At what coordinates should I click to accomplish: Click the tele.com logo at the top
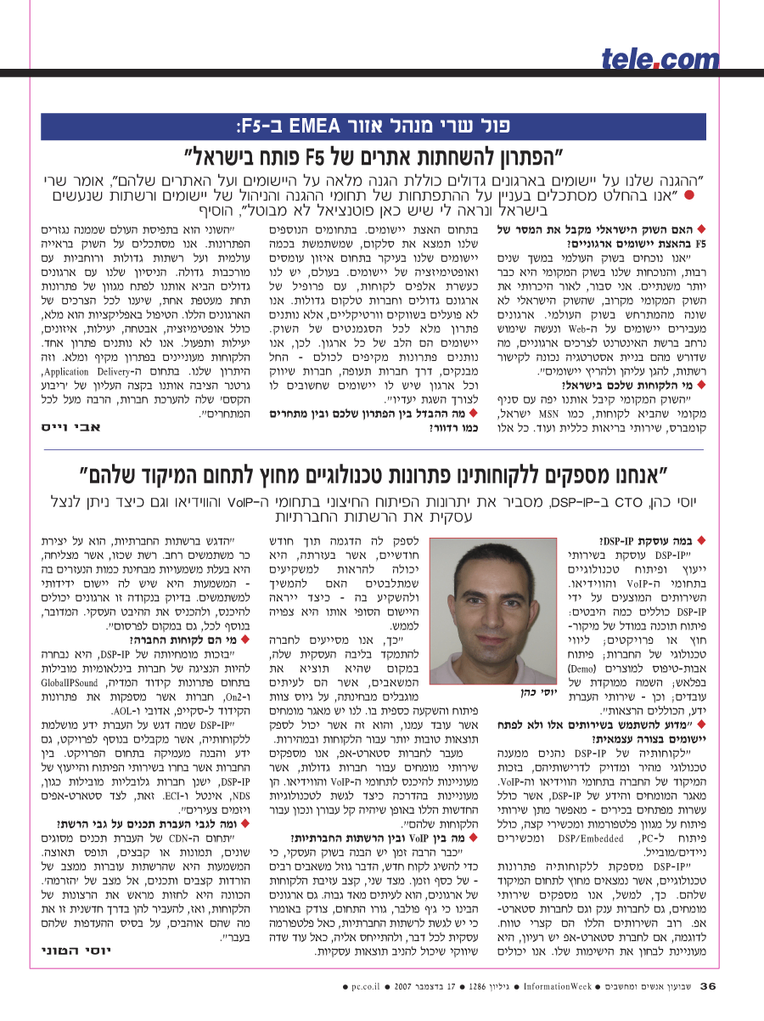[x=648, y=59]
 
